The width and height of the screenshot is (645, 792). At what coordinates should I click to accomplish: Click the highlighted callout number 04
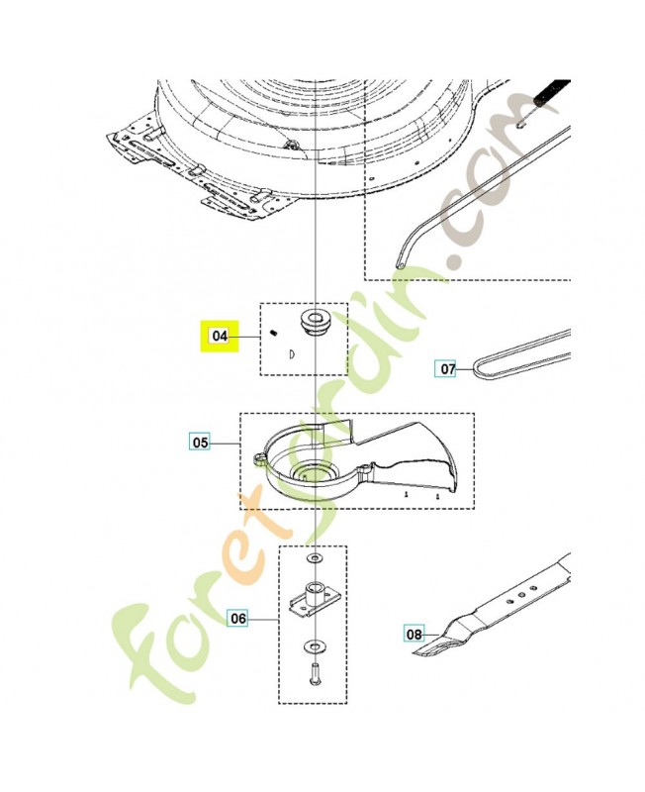coord(220,336)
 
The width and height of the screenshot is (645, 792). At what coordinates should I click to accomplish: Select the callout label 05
coord(201,443)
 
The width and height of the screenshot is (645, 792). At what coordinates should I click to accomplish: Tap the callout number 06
coord(238,618)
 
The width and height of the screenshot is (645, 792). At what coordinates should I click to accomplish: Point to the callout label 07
coord(448,368)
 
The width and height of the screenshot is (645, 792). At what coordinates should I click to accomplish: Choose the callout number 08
coord(414,634)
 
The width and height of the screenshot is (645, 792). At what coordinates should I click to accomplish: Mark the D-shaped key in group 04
coord(292,354)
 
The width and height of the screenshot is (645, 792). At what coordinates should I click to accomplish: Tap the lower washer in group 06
coord(315,646)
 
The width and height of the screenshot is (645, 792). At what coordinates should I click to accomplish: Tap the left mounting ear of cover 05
coord(260,456)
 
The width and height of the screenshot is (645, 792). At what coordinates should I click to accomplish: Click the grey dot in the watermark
coord(453,261)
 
